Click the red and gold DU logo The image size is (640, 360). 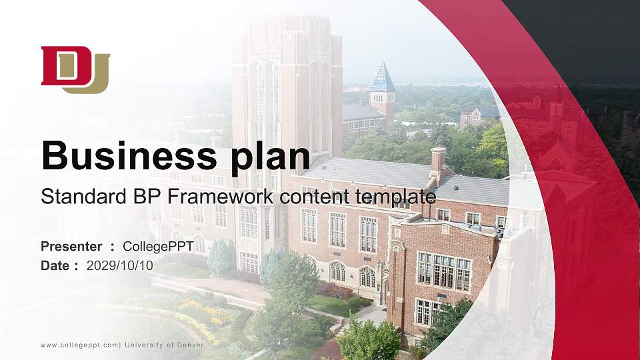tap(75, 69)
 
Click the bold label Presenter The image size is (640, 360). tap(71, 247)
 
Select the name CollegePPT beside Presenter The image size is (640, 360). tap(158, 247)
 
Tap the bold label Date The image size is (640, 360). tap(55, 265)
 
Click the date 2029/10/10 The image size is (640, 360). tap(119, 265)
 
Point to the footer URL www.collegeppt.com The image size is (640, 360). tap(79, 345)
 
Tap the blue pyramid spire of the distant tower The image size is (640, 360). tap(383, 78)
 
